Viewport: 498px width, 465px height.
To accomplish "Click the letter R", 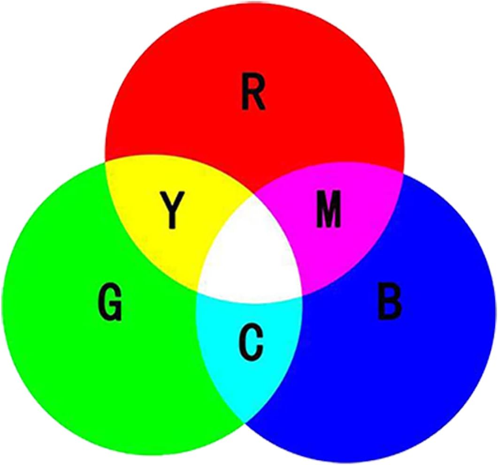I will [253, 94].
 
